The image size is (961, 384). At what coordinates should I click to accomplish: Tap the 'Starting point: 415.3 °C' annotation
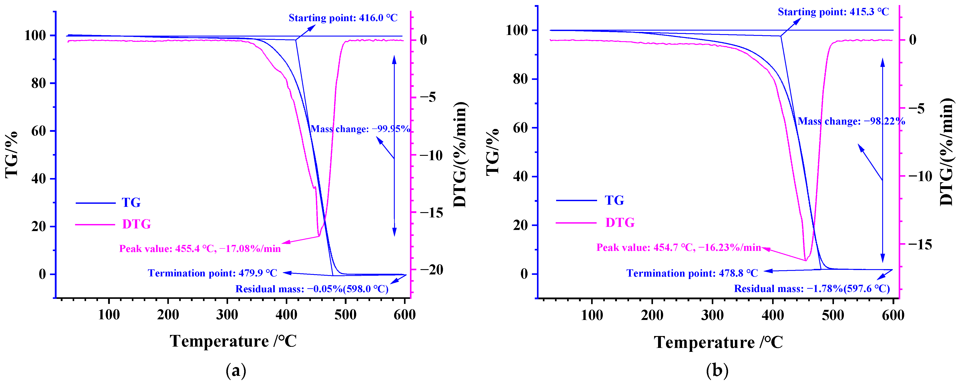[x=833, y=12]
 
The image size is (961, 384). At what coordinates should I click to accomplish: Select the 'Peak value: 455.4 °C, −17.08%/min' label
[x=200, y=249]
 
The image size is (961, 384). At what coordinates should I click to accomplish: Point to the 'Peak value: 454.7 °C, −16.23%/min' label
[x=678, y=248]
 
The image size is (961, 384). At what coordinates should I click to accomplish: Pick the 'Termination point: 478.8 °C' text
[x=692, y=273]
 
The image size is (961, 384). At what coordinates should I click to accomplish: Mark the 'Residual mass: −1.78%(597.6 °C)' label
[x=812, y=288]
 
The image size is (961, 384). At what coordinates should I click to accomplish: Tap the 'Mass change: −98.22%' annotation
[x=851, y=121]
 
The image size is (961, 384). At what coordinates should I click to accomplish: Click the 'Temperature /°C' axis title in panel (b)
[x=718, y=342]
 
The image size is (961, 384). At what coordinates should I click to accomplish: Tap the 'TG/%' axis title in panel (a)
[x=12, y=154]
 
